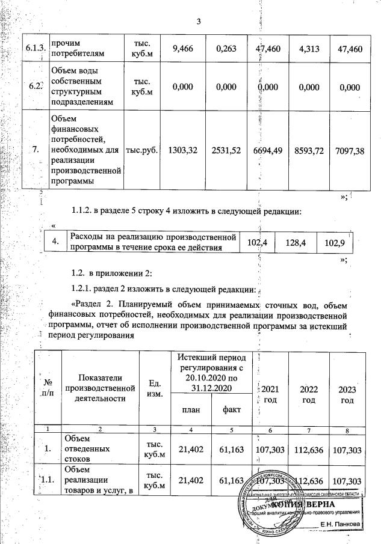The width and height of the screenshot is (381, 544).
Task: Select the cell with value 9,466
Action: (182, 49)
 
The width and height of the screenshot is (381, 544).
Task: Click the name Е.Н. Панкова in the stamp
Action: (340, 524)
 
